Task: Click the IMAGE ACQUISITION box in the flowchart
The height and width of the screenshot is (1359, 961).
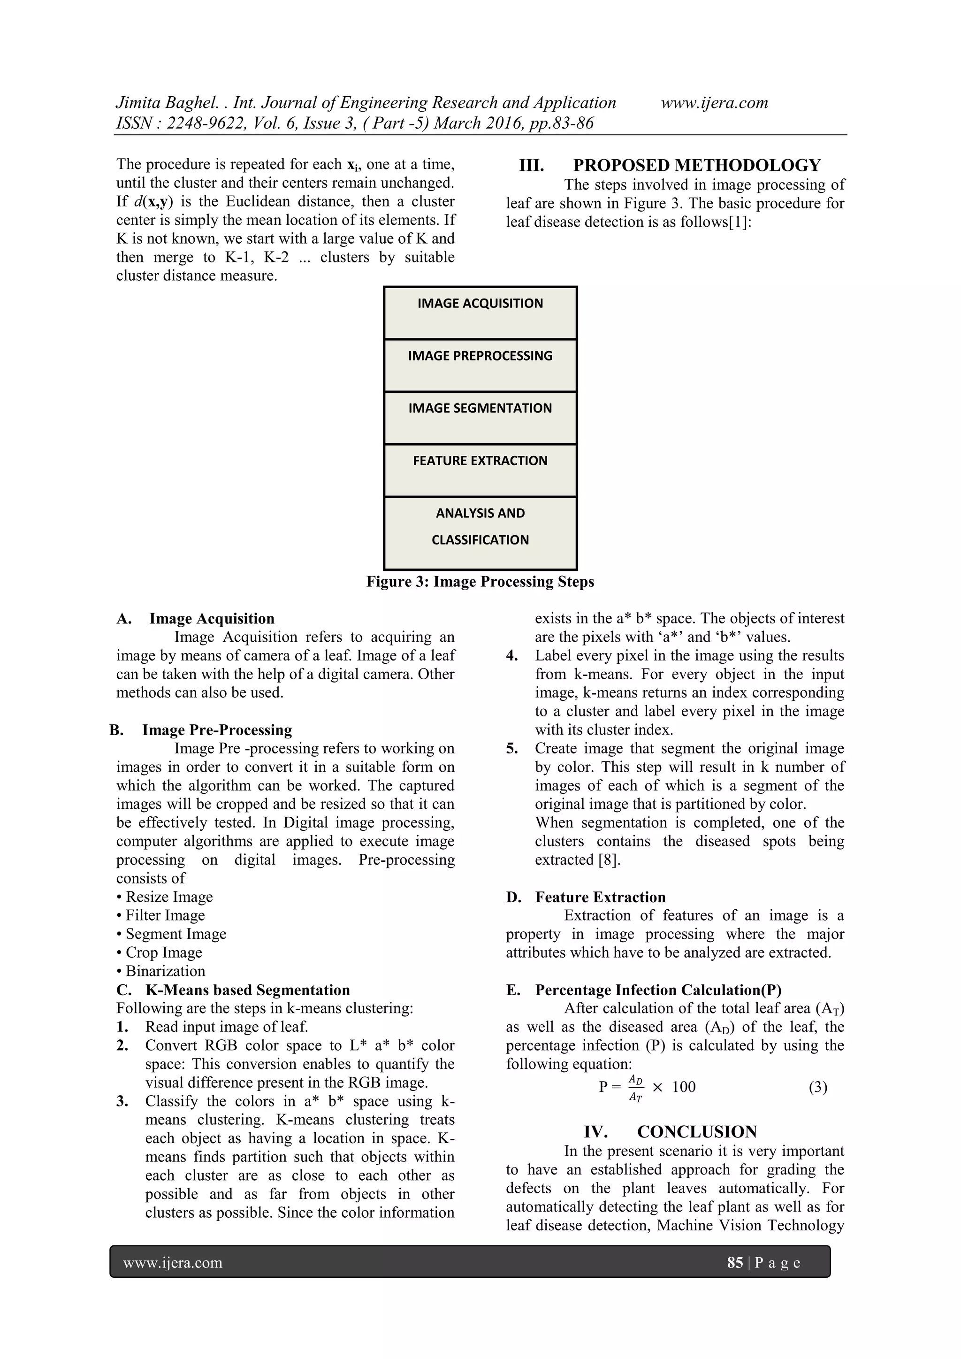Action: coord(480,313)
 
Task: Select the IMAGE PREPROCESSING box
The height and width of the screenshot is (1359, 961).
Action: coord(480,365)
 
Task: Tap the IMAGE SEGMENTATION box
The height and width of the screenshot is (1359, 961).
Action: coord(480,418)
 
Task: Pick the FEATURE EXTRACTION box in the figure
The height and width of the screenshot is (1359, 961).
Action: coord(480,470)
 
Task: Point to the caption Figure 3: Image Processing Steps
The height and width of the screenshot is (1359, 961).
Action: coord(480,582)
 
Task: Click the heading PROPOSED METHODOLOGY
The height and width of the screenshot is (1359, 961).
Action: coord(696,165)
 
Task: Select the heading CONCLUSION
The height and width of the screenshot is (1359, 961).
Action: coord(696,1132)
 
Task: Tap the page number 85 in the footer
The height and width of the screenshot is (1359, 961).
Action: coord(735,1262)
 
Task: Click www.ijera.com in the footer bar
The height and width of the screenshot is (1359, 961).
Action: coord(173,1262)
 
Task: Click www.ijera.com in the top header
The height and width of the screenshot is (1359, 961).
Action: coord(714,103)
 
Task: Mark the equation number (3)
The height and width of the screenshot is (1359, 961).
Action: coord(818,1087)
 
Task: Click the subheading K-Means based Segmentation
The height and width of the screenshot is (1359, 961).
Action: coord(247,990)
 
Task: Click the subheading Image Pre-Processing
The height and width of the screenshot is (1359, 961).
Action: coord(217,730)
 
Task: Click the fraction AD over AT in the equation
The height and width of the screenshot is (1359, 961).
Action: coord(635,1088)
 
